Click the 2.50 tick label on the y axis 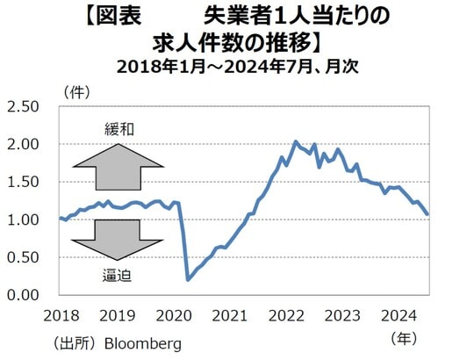23,107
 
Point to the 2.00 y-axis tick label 23,145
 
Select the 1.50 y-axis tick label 23,183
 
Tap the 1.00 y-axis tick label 23,220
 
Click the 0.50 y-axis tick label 23,257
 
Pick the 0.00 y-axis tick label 23,295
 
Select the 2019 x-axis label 117,315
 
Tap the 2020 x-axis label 173,315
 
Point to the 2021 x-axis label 230,315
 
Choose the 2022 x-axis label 287,315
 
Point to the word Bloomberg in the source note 143,342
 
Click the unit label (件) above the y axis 77,90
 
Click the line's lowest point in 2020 188,279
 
